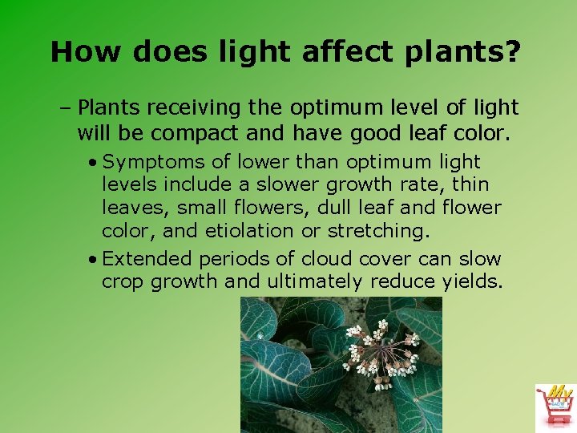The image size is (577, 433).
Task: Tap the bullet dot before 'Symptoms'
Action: click(94, 163)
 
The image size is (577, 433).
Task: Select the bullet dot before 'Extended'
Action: click(94, 260)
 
